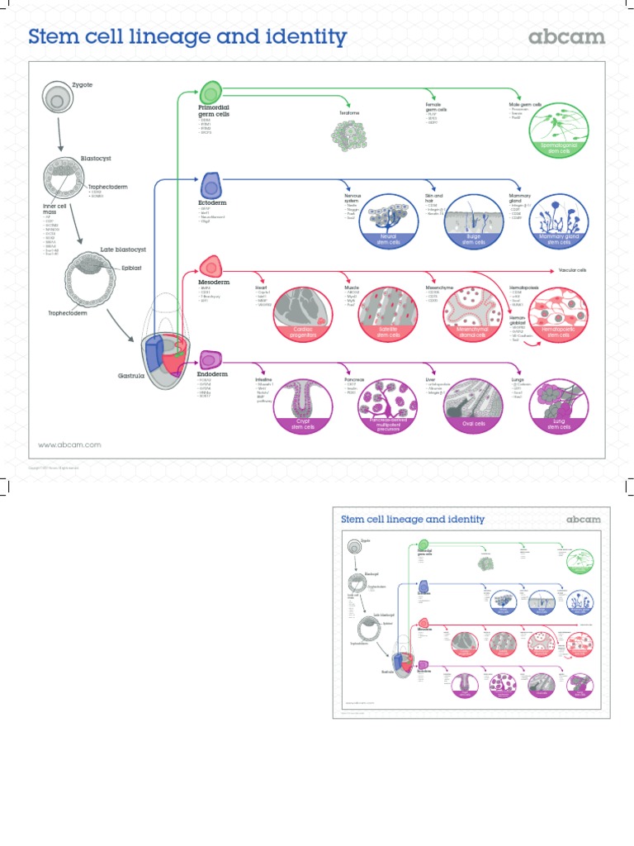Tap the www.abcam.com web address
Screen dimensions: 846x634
coord(70,444)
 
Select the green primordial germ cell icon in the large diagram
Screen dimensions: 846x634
coord(211,93)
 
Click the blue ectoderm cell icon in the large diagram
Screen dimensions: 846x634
coord(211,184)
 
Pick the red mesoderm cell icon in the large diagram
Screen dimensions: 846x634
coord(211,267)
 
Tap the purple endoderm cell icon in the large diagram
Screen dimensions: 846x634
coord(211,359)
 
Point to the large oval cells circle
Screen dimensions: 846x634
coord(474,405)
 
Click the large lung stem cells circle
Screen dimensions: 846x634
coord(561,405)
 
